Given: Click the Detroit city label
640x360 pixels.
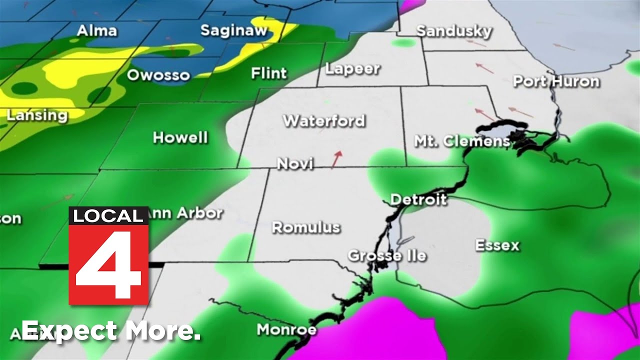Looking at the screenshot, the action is [418, 199].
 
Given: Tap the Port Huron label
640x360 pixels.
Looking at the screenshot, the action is [556, 81].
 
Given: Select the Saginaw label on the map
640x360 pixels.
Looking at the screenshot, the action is [234, 30].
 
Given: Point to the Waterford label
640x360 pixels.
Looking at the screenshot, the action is [324, 121].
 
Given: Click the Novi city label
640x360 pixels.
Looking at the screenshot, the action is [295, 163].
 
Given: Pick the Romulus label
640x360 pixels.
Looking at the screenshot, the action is [306, 227].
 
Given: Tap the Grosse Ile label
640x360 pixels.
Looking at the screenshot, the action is [387, 256].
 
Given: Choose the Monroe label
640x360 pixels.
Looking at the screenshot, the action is [286, 330].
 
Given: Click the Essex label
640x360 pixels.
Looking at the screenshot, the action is [497, 245].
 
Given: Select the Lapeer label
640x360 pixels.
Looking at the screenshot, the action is [352, 69].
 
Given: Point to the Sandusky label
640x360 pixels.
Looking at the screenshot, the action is [454, 31].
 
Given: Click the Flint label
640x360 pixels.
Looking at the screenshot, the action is [269, 73].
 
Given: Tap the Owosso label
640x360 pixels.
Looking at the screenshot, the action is [158, 75].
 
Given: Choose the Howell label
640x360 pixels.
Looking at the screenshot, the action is [180, 137].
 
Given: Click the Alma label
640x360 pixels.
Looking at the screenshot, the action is [96, 31].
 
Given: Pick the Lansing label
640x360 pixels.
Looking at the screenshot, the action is [37, 115].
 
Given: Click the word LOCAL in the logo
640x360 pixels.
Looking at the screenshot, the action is [108, 216].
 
